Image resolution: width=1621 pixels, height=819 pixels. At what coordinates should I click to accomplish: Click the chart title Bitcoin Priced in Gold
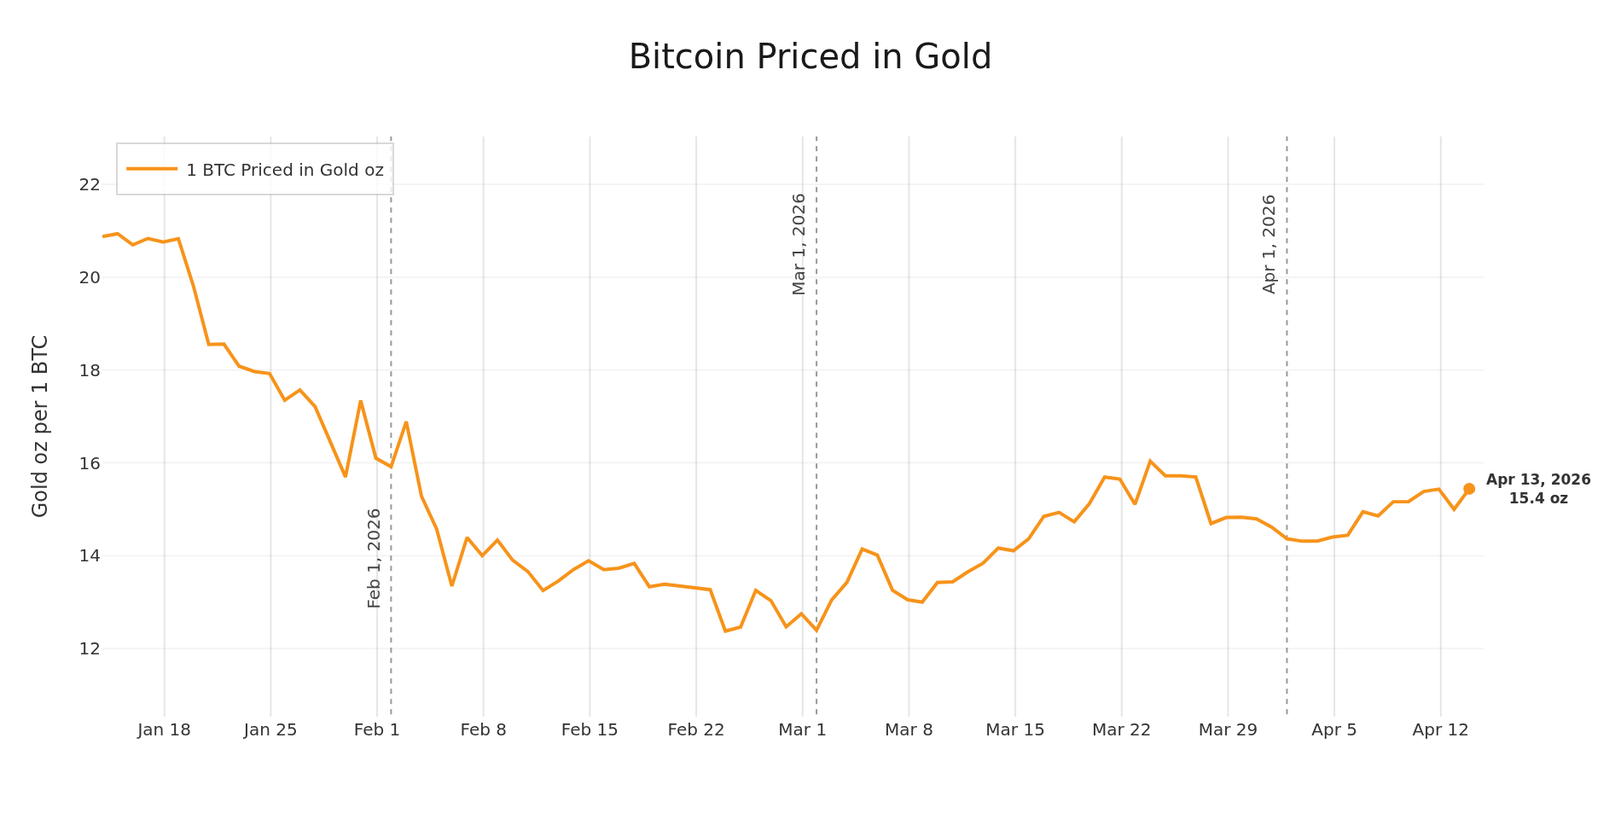[x=810, y=57]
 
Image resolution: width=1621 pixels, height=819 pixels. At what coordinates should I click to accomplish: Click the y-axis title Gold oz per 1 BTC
[x=40, y=426]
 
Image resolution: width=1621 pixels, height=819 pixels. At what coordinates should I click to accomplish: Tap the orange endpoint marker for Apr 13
[x=1469, y=489]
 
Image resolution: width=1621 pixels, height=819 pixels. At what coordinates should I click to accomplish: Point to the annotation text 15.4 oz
[x=1538, y=498]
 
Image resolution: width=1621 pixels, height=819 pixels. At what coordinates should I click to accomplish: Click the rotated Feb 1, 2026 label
[x=374, y=558]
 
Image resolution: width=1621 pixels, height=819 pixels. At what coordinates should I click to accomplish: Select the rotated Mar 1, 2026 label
[x=799, y=244]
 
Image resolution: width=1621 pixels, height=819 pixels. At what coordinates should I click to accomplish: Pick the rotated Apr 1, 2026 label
[x=1269, y=244]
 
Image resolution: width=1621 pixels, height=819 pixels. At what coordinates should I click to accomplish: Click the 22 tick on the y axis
[x=90, y=184]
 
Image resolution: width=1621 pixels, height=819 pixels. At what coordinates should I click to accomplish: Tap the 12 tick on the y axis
[x=90, y=648]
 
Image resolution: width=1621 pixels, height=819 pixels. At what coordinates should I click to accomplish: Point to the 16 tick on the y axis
[x=90, y=463]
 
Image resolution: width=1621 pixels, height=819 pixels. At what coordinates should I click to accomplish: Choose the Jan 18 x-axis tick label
[x=164, y=730]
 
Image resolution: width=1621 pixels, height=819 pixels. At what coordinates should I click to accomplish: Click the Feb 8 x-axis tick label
[x=483, y=730]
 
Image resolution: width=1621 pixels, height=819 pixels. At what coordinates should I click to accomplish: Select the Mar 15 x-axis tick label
[x=1015, y=730]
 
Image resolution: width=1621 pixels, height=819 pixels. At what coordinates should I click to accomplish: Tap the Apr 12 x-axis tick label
[x=1440, y=730]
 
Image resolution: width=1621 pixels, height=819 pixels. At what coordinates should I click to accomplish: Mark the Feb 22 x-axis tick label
[x=696, y=730]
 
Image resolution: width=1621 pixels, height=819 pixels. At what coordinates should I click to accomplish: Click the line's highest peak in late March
[x=1150, y=461]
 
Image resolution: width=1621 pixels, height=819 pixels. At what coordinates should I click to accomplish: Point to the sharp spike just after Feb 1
[x=406, y=421]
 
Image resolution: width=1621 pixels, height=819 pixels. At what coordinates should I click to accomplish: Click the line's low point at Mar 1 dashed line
[x=816, y=630]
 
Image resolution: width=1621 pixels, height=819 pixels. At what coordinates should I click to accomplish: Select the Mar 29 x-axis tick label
[x=1228, y=730]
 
